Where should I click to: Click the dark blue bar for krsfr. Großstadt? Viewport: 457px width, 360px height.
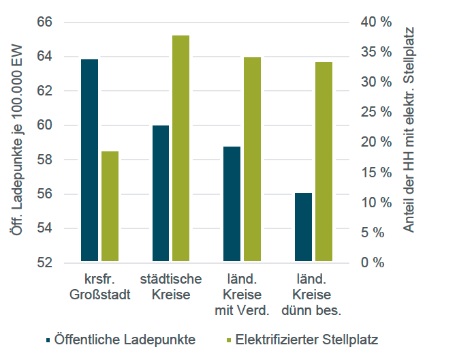[89, 160]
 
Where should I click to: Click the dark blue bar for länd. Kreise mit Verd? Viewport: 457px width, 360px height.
[232, 204]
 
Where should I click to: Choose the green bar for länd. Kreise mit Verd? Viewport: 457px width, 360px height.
[253, 160]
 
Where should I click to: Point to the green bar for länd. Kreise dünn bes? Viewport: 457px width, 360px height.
[324, 162]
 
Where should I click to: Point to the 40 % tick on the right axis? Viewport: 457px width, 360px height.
[377, 22]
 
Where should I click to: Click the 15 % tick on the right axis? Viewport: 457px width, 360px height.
[377, 172]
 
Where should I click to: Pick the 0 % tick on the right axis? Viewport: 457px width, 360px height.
[377, 262]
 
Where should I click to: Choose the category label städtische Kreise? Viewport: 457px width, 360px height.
[171, 287]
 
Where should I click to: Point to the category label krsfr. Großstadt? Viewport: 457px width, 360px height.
[99, 287]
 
